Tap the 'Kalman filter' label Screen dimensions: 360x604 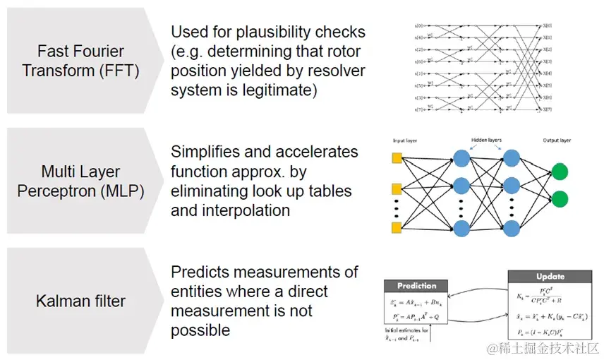pyautogui.click(x=80, y=301)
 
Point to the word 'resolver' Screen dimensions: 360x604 pyautogui.click(x=320, y=71)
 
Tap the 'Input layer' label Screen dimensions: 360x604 pyautogui.click(x=405, y=140)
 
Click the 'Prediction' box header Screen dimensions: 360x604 pyautogui.click(x=417, y=286)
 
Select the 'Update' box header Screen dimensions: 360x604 pyautogui.click(x=550, y=276)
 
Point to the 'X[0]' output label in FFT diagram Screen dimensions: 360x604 pyautogui.click(x=548, y=25)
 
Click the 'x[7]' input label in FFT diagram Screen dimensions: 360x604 pyautogui.click(x=418, y=110)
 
